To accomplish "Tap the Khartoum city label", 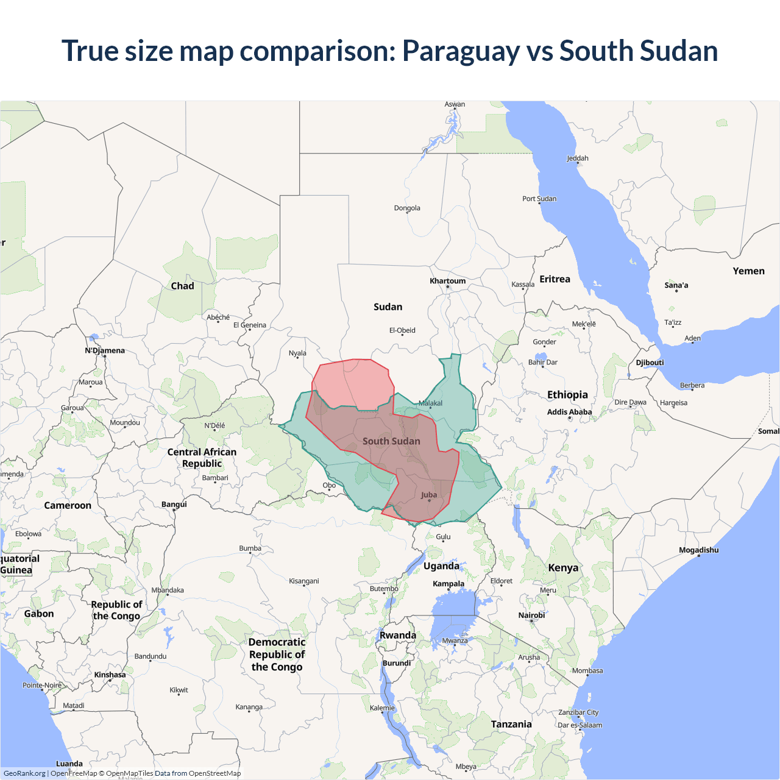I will pyautogui.click(x=447, y=281).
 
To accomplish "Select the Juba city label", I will pyautogui.click(x=429, y=495).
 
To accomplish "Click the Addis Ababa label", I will pyautogui.click(x=569, y=412).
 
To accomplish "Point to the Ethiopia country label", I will pyautogui.click(x=567, y=395).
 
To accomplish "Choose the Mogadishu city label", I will pyautogui.click(x=698, y=550).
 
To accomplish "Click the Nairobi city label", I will pyautogui.click(x=531, y=615).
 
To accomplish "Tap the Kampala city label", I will pyautogui.click(x=448, y=584).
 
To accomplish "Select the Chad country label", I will pyautogui.click(x=182, y=286).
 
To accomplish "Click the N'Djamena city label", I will pyautogui.click(x=105, y=350).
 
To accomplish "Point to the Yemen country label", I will pyautogui.click(x=748, y=271).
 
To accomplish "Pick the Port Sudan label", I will pyautogui.click(x=539, y=199).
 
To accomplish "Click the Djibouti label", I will pyautogui.click(x=650, y=363).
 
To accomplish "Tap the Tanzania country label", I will pyautogui.click(x=511, y=724).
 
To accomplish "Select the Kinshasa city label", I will pyautogui.click(x=110, y=675).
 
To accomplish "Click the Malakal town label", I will pyautogui.click(x=430, y=403).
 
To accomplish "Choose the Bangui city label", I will pyautogui.click(x=174, y=505).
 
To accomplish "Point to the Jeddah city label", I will pyautogui.click(x=578, y=158).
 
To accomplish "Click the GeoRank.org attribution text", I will pyautogui.click(x=24, y=773).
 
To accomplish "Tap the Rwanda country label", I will pyautogui.click(x=398, y=635).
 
